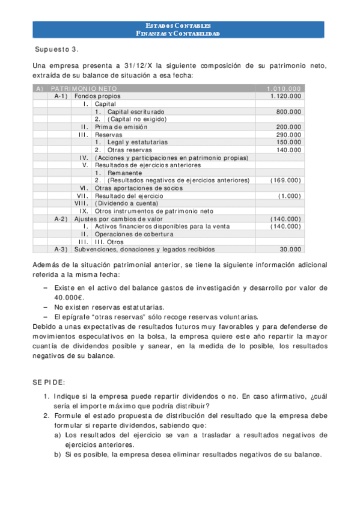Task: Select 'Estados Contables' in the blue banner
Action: [178, 26]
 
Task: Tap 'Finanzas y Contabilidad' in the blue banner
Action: [178, 34]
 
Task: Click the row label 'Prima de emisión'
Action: [118, 127]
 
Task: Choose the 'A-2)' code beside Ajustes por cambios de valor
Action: [61, 219]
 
